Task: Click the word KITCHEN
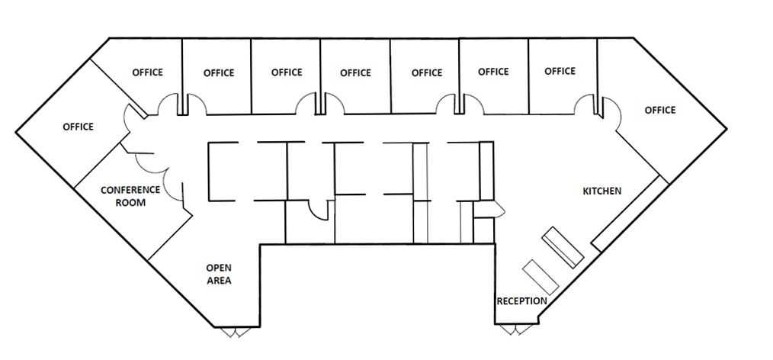click(x=602, y=191)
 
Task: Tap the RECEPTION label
click(x=522, y=301)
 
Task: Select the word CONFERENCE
click(x=130, y=190)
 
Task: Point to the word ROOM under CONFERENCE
click(x=130, y=203)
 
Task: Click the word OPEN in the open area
click(x=219, y=268)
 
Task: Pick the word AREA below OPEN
click(x=219, y=281)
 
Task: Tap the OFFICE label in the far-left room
click(x=78, y=127)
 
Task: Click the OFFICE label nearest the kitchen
click(x=660, y=110)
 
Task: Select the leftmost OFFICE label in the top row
click(x=148, y=72)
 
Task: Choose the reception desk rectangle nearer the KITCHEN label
click(x=563, y=246)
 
